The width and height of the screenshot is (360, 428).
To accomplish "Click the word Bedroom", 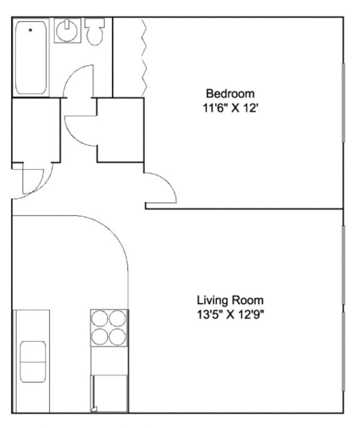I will (x=221, y=94).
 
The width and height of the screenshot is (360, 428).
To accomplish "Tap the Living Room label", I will (x=230, y=300).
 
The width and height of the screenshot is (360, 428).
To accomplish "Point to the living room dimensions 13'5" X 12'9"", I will (x=230, y=313).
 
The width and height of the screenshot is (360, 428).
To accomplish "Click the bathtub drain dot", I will (x=30, y=29).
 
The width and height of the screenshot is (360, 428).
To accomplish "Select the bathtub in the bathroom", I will (x=31, y=57).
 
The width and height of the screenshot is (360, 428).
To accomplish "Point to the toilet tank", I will (x=95, y=23).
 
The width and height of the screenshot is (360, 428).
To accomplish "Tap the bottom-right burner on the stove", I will (x=117, y=337).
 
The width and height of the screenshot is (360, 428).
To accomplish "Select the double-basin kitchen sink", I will (x=32, y=362).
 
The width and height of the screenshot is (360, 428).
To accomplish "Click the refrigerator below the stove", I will (x=109, y=392).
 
